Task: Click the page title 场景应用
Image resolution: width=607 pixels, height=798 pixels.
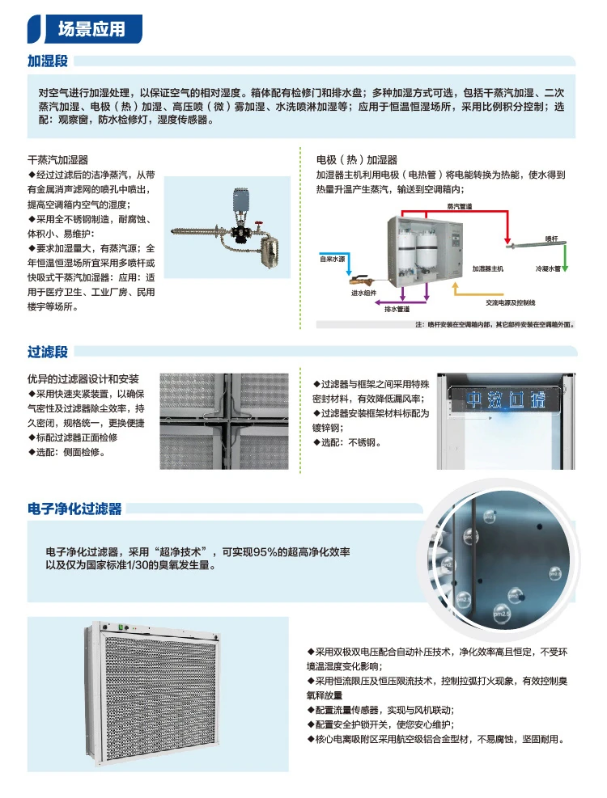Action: [91, 29]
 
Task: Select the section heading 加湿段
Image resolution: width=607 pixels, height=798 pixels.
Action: [48, 61]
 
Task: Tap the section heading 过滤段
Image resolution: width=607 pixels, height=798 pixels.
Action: [48, 352]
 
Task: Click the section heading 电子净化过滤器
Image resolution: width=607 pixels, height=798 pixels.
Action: [74, 509]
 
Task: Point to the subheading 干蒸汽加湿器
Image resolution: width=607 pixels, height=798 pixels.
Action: [58, 160]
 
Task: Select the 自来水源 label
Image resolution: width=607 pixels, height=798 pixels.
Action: [332, 259]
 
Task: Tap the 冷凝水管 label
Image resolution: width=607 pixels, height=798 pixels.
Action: [547, 267]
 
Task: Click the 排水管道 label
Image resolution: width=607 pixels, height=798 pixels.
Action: [397, 309]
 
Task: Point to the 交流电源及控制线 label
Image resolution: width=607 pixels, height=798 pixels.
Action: [510, 302]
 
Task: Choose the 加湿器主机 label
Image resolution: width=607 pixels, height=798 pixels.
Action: [488, 267]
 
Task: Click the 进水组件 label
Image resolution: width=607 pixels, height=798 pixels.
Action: [363, 293]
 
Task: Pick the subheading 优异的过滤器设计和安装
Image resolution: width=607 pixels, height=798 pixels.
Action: [83, 378]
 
